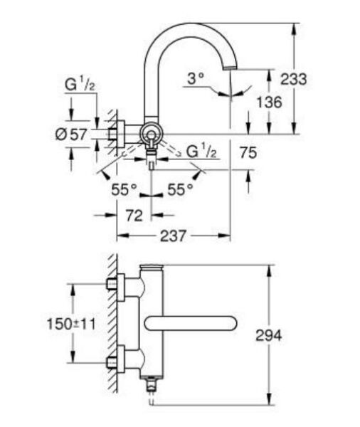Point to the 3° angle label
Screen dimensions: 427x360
pos(195,79)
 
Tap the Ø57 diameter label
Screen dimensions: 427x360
pos(70,132)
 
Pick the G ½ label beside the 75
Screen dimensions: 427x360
pos(201,151)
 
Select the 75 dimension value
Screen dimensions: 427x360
pos(248,151)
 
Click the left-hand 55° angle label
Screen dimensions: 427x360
pos(123,190)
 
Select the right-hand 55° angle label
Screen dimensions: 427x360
pos(180,190)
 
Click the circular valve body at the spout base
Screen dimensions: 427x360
pos(150,132)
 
